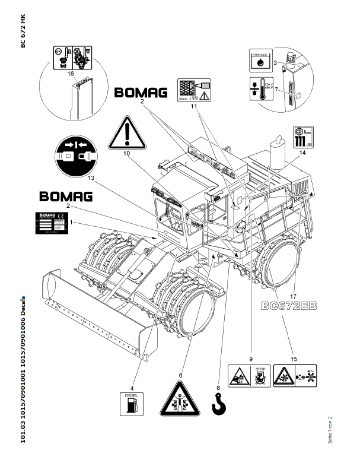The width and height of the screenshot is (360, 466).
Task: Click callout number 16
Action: tap(71, 74)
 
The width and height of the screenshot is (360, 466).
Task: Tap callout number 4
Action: tap(132, 372)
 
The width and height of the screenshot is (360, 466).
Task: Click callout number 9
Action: tap(251, 359)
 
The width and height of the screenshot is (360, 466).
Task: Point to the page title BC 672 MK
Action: tap(23, 33)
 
